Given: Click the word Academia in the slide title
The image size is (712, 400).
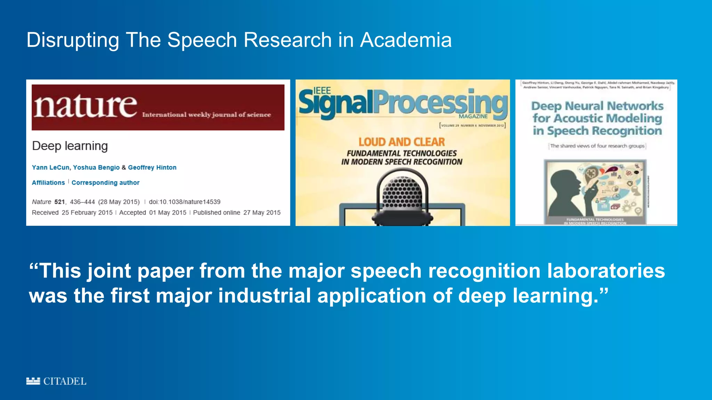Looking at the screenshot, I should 406,40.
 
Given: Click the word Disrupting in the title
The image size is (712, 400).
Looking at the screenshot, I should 73,40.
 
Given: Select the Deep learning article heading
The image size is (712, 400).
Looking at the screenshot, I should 70,146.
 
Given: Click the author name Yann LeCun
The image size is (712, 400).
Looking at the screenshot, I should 51,167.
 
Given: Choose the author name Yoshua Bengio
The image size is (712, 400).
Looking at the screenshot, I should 96,167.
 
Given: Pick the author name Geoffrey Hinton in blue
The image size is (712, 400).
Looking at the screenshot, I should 152,167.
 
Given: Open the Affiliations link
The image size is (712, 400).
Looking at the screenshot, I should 48,183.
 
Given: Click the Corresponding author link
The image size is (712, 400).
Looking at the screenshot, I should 105,183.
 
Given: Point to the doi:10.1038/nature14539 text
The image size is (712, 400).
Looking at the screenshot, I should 185,202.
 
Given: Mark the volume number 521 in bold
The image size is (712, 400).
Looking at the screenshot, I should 59,202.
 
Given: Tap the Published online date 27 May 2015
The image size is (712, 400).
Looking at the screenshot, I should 262,212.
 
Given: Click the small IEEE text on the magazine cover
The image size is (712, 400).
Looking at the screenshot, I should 322,91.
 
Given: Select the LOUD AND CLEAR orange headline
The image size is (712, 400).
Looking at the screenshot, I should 402,142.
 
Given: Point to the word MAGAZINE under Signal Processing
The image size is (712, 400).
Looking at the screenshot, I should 473,116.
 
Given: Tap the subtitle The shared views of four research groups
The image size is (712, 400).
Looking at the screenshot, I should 597,146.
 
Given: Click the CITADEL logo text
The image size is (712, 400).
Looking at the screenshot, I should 65,381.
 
